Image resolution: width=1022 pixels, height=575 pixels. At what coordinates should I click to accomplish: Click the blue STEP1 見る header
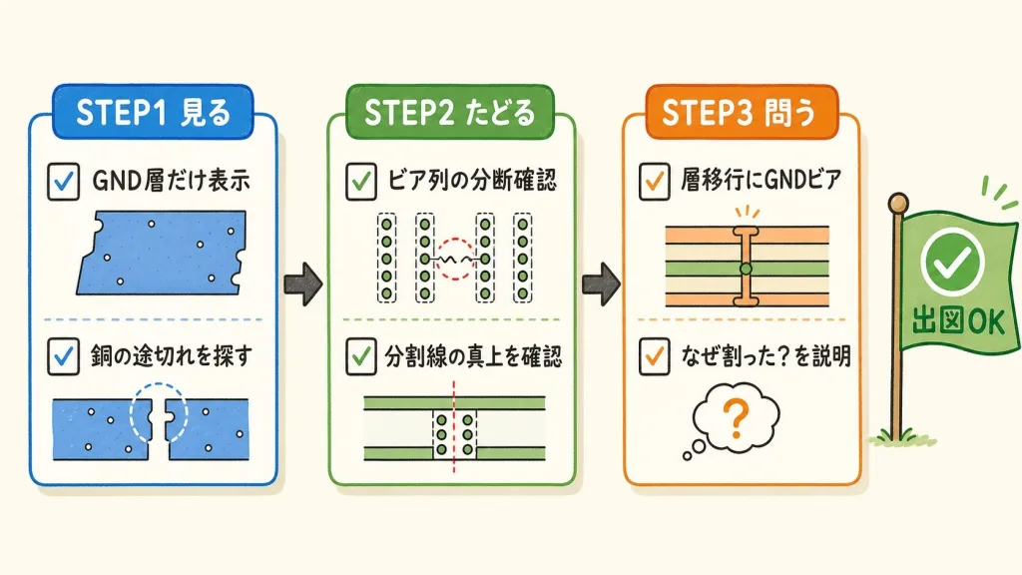(153, 112)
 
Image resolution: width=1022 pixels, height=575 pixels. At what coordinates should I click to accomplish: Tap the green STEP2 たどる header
(449, 112)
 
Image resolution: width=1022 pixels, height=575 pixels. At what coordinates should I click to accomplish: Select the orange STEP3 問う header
(742, 112)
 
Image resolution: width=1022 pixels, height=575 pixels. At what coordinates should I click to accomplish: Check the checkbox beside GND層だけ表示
(63, 181)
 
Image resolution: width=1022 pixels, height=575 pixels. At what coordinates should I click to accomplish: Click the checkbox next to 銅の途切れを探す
(63, 356)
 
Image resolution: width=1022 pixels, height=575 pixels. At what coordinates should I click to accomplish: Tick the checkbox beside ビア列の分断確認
(361, 181)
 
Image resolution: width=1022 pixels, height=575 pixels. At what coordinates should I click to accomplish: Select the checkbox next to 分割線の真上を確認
(361, 356)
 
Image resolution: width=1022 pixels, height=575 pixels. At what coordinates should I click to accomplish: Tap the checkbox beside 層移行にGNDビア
(655, 181)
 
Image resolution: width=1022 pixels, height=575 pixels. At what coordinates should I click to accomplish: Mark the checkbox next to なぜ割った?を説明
(655, 356)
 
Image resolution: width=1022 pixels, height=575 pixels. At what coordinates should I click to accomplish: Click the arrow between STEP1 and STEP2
(303, 285)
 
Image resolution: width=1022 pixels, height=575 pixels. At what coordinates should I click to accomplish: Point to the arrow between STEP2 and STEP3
(601, 285)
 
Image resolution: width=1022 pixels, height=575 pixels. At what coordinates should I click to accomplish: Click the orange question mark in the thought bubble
(736, 418)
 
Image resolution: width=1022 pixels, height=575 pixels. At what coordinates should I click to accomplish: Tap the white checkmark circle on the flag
(952, 262)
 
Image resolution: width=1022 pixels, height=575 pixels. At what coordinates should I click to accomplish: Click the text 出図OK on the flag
(958, 321)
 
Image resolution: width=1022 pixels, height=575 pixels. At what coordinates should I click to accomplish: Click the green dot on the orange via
(747, 268)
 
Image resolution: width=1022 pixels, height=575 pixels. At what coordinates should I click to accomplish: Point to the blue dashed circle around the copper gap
(131, 410)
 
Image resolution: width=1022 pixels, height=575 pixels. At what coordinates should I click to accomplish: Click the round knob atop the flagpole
(898, 202)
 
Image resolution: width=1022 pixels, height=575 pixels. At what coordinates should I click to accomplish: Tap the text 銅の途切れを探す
(171, 356)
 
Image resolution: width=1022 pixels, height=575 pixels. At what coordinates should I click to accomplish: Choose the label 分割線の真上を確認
(472, 356)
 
